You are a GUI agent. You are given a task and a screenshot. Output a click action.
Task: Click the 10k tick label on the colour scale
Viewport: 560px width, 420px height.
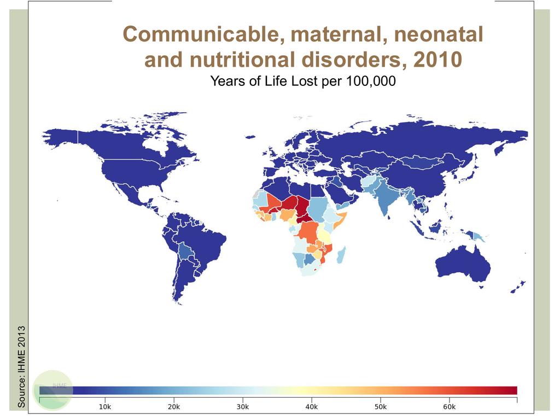(104, 407)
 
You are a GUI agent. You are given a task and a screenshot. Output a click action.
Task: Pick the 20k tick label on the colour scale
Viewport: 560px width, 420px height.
(173, 407)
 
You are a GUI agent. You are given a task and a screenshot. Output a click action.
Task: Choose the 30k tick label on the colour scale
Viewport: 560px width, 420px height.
(242, 407)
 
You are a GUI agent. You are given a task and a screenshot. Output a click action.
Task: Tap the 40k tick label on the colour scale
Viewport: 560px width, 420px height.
(311, 407)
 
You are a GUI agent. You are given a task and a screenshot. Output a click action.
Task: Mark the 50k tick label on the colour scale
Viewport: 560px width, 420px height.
(380, 407)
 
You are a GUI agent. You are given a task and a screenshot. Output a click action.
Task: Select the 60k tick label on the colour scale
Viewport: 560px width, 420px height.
(449, 407)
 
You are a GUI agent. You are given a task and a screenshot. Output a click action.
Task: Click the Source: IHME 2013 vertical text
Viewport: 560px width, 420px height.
(22, 366)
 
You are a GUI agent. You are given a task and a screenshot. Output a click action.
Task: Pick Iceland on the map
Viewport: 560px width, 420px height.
(251, 137)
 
